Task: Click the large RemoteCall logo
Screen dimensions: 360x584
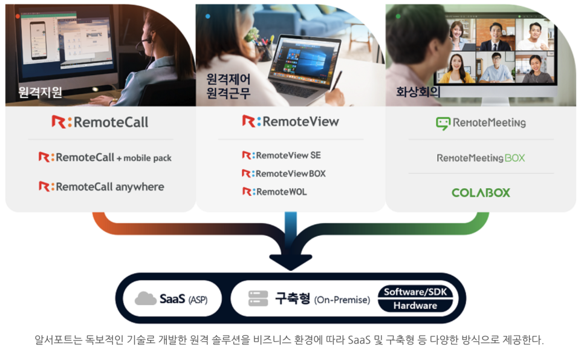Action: [x=100, y=122]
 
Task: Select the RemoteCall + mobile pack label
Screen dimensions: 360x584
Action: [x=105, y=157]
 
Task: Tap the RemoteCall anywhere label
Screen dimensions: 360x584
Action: [x=101, y=186]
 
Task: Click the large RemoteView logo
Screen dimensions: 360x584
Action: [x=290, y=122]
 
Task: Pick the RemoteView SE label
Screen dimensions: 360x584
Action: [x=282, y=155]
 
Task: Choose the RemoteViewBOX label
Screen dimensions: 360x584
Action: [x=284, y=174]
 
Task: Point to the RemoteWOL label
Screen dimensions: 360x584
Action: [x=274, y=192]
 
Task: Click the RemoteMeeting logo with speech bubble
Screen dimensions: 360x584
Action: [x=481, y=123]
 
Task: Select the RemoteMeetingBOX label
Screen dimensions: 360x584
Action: [x=481, y=158]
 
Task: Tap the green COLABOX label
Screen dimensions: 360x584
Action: [x=481, y=192]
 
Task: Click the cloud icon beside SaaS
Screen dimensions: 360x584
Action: [x=146, y=298]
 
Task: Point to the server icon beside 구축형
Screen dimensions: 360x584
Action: [x=258, y=298]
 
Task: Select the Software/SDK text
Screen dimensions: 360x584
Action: [x=415, y=292]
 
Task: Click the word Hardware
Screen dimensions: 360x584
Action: [x=415, y=306]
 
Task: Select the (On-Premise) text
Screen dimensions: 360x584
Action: [x=342, y=299]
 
